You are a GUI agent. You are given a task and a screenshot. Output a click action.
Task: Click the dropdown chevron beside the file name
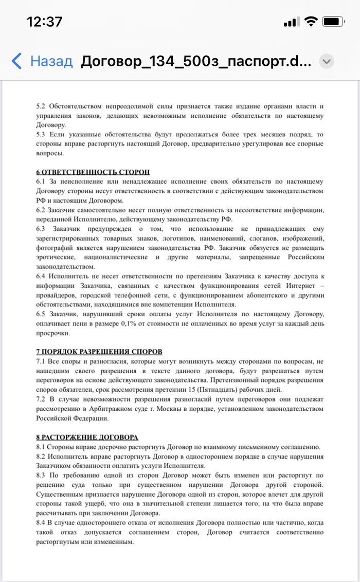(x=327, y=62)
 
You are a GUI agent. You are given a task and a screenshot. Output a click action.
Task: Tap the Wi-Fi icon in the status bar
(x=311, y=22)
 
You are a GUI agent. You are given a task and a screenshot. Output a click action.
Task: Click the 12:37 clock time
(x=44, y=22)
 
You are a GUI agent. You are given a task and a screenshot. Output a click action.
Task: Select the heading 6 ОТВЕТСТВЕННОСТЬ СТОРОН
(x=93, y=172)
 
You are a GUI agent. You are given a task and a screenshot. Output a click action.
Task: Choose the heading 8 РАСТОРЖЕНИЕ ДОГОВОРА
(x=87, y=438)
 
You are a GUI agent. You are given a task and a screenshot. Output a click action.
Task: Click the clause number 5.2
(x=41, y=106)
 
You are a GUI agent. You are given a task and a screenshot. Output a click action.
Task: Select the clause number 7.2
(x=41, y=398)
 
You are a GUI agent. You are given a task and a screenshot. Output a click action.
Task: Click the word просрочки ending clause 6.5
(x=53, y=333)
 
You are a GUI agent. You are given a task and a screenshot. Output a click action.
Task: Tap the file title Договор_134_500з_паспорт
(x=195, y=62)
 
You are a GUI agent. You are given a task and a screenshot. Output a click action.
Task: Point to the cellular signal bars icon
(x=291, y=22)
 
